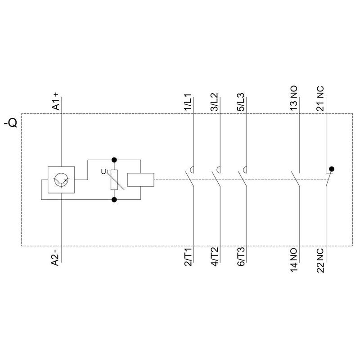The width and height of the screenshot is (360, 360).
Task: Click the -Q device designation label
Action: click(10, 123)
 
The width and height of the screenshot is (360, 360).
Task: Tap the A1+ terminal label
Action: click(55, 101)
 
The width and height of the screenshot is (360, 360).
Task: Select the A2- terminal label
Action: click(55, 257)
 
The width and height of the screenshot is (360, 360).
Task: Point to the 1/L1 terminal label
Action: click(188, 103)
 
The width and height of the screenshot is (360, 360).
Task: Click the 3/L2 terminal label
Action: click(214, 102)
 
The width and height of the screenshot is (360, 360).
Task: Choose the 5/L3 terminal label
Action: click(241, 102)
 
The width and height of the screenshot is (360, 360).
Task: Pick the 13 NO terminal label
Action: click(294, 98)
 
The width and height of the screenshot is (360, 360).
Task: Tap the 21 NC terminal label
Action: click(320, 99)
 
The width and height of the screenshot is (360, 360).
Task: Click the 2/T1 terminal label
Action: click(188, 257)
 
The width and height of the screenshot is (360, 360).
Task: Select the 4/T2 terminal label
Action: click(214, 257)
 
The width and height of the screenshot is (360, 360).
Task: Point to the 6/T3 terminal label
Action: click(241, 257)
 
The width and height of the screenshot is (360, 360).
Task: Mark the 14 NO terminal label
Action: click(294, 260)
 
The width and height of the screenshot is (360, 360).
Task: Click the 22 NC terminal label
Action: click(320, 261)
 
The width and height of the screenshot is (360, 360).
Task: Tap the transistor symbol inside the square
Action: click(61, 180)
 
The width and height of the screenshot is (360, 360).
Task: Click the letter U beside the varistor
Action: click(103, 171)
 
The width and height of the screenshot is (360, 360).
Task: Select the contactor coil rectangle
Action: click(140, 180)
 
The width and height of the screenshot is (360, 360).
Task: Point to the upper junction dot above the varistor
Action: click(114, 160)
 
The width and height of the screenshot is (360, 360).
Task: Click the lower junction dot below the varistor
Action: click(114, 200)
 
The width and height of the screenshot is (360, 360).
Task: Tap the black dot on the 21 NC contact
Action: click(332, 169)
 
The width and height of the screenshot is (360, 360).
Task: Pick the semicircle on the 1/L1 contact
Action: click(191, 170)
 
